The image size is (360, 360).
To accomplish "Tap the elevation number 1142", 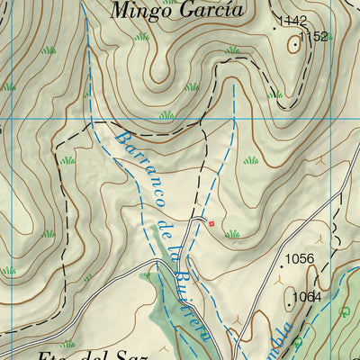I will coord(293,21).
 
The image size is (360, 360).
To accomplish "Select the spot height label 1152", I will coord(314,37).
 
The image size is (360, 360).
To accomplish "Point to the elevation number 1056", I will coord(300,259).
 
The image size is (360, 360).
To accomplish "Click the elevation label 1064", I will coord(307,297).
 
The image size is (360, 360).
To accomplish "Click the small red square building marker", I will coord(211,223).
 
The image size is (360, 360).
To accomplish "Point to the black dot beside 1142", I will coord(276,28).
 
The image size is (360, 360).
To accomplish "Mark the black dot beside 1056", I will coord(280,265).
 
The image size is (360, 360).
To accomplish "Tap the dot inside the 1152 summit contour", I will coord(295,42).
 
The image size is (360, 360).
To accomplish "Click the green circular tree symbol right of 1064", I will coord(346,311).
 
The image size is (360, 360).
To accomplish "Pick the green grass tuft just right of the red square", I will coord(233,234).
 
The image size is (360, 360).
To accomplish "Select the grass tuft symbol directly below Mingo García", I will coord(141,36).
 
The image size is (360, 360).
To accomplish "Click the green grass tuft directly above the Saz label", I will coord(68,343).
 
